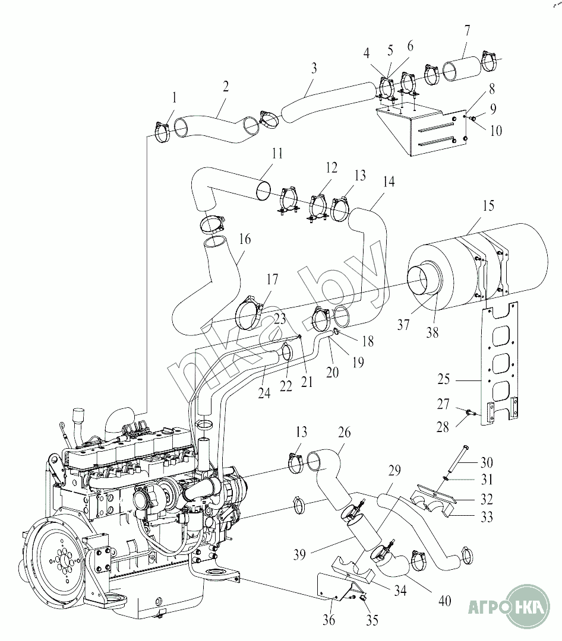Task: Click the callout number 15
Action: coord(488,205)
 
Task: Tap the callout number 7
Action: coord(468,31)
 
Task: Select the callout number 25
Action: coord(444,379)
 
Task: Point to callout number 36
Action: coord(329,620)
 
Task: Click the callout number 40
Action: coord(444,601)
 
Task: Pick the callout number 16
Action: coord(245,239)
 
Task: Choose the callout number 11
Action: coord(277,154)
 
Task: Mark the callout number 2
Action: coord(226,86)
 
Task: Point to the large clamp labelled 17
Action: coord(251,313)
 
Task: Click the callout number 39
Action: coord(299,555)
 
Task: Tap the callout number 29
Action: coord(394,471)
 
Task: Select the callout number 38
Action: coord(432,333)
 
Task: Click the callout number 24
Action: coord(264,394)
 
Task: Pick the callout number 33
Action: coord(487,517)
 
